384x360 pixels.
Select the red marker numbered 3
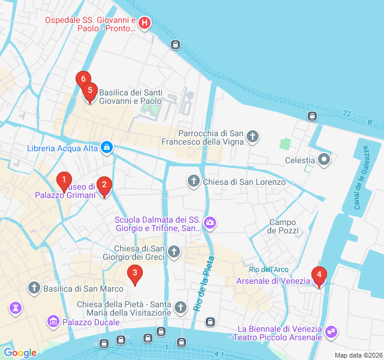pyautogui.click(x=134, y=274)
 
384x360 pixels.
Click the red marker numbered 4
pyautogui.click(x=319, y=276)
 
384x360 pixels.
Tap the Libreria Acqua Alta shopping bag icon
pyautogui.click(x=106, y=148)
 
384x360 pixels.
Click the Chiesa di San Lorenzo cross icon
pyautogui.click(x=193, y=181)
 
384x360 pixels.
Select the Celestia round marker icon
pyautogui.click(x=325, y=160)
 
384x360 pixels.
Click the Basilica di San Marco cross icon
pyautogui.click(x=34, y=289)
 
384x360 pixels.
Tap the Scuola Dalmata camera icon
pyautogui.click(x=210, y=224)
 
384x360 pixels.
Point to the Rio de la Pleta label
pyautogui.click(x=205, y=284)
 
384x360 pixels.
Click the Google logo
pyautogui.click(x=20, y=353)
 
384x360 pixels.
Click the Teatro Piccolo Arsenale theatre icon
pyautogui.click(x=331, y=331)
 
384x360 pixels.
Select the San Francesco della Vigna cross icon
pyautogui.click(x=253, y=137)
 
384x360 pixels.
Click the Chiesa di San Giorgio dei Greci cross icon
pyautogui.click(x=174, y=251)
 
